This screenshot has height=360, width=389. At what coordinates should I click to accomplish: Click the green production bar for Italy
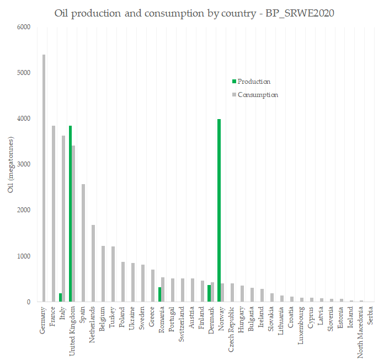click(60, 298)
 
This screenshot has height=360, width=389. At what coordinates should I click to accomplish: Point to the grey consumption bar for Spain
click(83, 243)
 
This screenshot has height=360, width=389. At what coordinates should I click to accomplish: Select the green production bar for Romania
click(159, 294)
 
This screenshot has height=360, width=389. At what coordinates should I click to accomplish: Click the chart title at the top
click(194, 12)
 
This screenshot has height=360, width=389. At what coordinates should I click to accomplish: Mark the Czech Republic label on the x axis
click(232, 330)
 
